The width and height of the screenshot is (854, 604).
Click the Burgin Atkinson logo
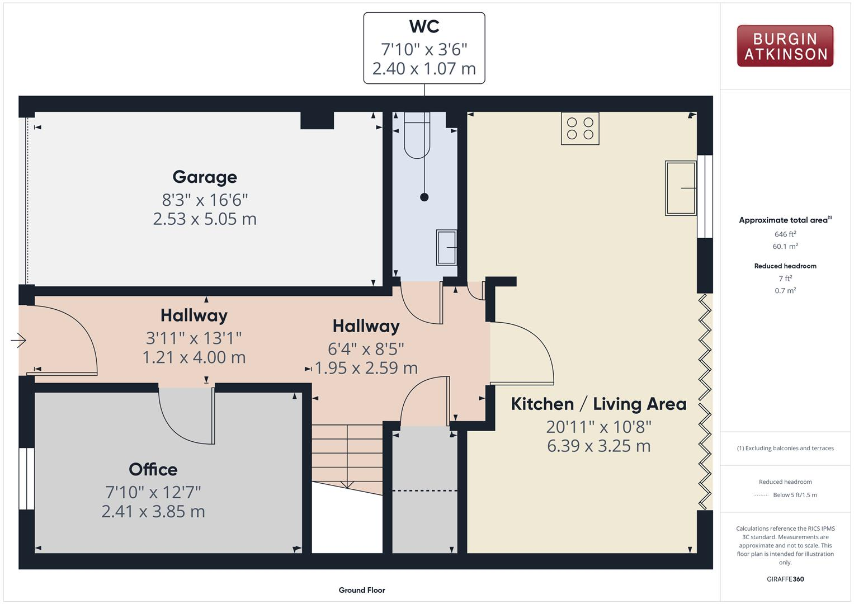click(785, 46)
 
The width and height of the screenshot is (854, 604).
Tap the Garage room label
click(205, 177)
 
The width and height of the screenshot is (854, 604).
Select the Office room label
click(153, 469)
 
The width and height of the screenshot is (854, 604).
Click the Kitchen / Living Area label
click(598, 404)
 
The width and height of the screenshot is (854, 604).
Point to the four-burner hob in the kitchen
click(580, 128)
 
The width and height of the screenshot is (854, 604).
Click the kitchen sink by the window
click(680, 188)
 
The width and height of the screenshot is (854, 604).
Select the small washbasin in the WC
click(446, 247)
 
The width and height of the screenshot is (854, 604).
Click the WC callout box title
click(424, 26)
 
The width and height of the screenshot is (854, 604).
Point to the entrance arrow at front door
click(18, 339)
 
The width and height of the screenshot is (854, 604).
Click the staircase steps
click(347, 453)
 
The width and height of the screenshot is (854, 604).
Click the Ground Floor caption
click(361, 590)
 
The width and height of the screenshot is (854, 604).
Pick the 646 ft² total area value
click(785, 234)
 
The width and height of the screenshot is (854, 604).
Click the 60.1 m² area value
click(785, 246)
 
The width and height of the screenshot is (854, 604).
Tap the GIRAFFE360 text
click(785, 579)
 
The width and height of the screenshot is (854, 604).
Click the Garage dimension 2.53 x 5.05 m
click(205, 219)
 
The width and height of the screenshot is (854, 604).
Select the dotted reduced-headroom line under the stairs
click(424, 490)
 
